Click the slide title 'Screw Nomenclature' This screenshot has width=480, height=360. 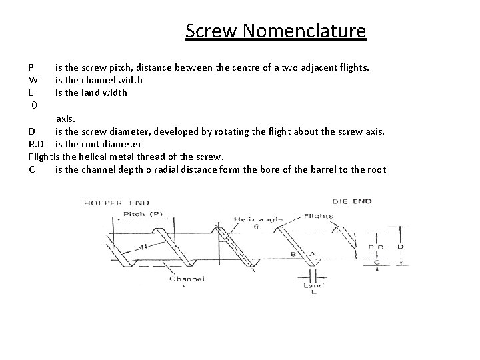coord(275,31)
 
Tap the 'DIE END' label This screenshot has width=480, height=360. coord(351,201)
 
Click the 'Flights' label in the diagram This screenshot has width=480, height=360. coord(319,216)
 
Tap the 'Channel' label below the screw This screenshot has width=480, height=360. coord(186,277)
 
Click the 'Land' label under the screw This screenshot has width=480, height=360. coord(313,286)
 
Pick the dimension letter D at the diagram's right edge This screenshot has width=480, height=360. coord(399,247)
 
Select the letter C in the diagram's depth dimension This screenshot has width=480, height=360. coord(377,263)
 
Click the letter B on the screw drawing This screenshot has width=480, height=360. coord(293,254)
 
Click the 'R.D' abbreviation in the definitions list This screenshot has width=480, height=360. coord(37,144)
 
